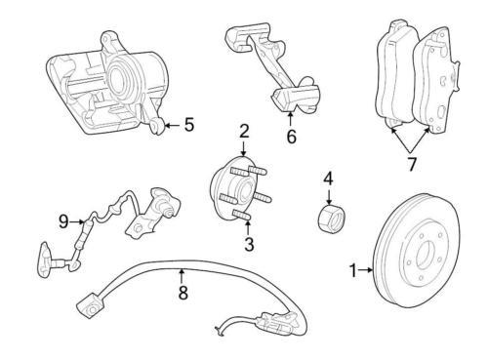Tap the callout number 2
pos(245,131)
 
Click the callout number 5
pos(188,124)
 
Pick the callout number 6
pos(290,138)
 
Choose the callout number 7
pos(411,164)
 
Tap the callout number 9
pos(63,221)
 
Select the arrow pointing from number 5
pos(172,124)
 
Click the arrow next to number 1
pos(368,270)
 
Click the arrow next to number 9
pos(78,221)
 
